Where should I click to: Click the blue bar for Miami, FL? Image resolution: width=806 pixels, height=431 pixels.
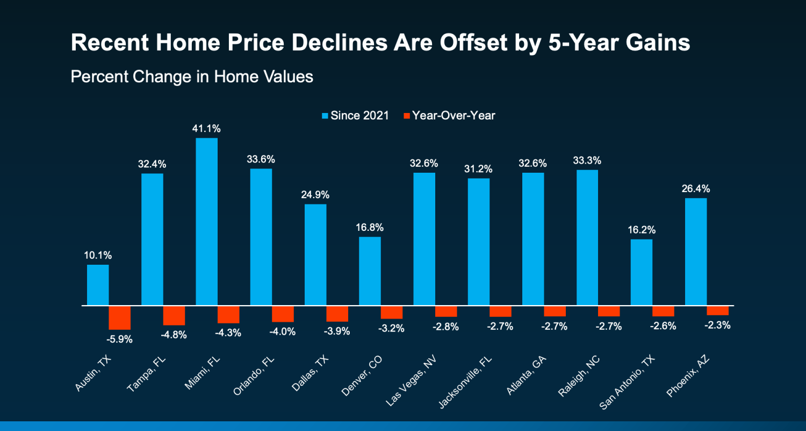(207, 222)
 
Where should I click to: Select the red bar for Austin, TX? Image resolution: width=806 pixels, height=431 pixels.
(120, 317)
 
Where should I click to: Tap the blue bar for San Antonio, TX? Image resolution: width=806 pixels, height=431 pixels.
(641, 272)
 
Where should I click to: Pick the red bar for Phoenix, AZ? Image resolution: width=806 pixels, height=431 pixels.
(717, 310)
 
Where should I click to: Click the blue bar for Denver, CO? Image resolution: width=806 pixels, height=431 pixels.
(370, 271)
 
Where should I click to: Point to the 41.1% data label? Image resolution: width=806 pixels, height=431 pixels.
(207, 129)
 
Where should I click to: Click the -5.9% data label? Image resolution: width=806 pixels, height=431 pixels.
(119, 340)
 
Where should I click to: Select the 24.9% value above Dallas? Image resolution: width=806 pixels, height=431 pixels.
(315, 195)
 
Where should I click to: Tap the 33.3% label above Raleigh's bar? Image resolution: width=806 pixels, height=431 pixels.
(587, 160)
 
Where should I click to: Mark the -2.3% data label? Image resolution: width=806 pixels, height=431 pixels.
(717, 325)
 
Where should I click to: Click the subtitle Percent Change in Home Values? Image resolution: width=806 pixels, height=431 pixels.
(192, 76)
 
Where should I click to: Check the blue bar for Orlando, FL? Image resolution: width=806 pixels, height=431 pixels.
(261, 237)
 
